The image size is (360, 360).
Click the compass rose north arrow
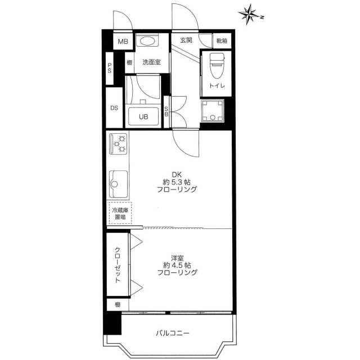tap(251, 14)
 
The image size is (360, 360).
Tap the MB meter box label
tap(123, 42)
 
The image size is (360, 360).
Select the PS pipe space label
tap(110, 68)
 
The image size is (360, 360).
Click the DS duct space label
tap(114, 108)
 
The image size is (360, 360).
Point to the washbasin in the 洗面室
tap(147, 41)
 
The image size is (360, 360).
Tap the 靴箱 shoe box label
tap(222, 41)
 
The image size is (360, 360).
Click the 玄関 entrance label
tap(186, 40)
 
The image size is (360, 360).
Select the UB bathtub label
tap(143, 116)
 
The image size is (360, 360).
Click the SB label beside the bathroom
tap(166, 111)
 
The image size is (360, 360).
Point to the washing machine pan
tap(213, 111)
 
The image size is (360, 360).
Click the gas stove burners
tap(119, 144)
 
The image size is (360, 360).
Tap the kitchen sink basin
tap(118, 184)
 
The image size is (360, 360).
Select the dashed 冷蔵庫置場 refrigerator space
tap(120, 213)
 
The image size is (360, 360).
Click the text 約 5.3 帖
tap(177, 182)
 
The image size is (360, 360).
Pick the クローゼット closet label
tap(118, 265)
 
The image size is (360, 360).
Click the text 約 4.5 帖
tap(177, 265)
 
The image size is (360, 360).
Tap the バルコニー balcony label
tap(173, 333)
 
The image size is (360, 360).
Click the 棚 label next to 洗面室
tap(130, 62)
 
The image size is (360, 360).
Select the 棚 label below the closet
tap(118, 305)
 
